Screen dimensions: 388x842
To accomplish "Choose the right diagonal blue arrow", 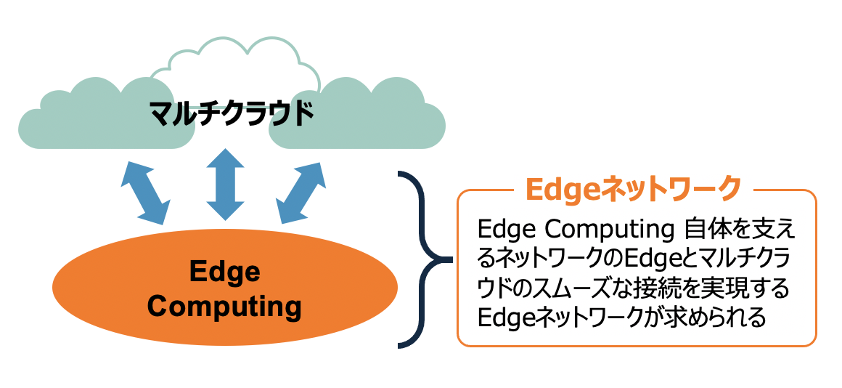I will click(x=302, y=190).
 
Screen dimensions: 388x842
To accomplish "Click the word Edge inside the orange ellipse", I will click(x=224, y=272).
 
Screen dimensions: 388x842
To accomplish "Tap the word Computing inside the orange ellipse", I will click(x=224, y=306).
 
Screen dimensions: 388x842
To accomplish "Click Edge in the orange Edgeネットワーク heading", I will click(x=555, y=188).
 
